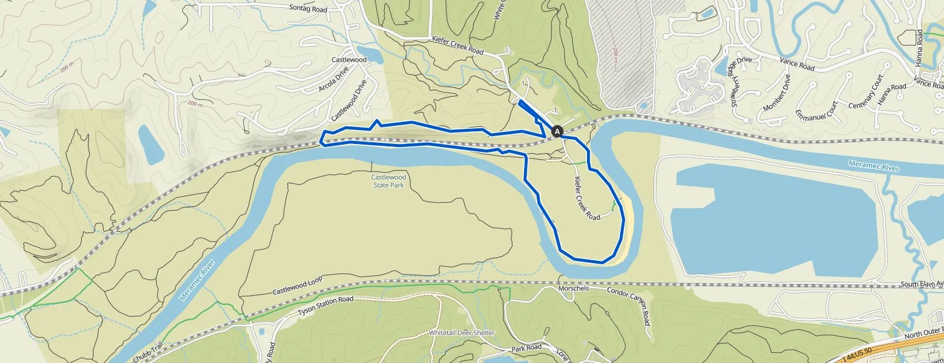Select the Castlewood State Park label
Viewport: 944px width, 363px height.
click(388, 181)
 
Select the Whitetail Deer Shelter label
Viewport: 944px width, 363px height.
click(462, 333)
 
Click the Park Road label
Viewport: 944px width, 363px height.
click(526, 348)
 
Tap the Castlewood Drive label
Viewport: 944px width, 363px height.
click(349, 100)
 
